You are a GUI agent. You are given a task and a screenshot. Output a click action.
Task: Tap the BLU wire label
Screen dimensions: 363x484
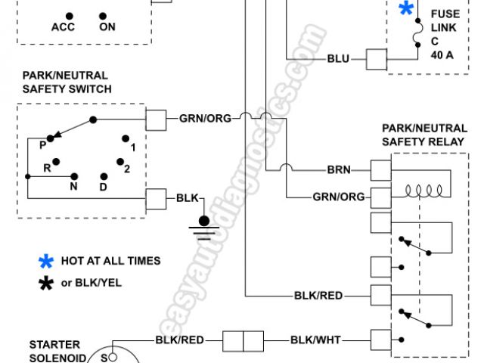(x=337, y=58)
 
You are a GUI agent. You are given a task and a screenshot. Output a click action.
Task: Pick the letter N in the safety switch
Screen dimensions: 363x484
(x=74, y=186)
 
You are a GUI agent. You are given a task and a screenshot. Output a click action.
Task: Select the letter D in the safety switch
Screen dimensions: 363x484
(x=103, y=186)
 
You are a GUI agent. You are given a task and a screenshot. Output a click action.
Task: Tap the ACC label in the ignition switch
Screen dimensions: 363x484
(x=64, y=28)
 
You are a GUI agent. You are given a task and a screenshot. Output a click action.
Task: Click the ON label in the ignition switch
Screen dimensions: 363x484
(x=107, y=28)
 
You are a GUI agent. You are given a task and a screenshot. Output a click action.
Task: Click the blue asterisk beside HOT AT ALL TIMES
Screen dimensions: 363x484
(x=46, y=262)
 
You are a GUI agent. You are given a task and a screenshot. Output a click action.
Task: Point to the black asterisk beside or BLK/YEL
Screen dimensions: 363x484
(x=46, y=284)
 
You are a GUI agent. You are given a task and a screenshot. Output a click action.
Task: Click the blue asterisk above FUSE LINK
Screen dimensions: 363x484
(x=407, y=9)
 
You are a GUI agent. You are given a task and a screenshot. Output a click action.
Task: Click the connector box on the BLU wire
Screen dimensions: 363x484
(x=377, y=58)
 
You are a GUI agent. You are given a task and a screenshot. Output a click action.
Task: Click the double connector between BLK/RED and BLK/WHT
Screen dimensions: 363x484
(x=242, y=340)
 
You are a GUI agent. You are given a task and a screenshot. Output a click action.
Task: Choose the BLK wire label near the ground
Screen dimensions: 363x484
(x=187, y=198)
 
